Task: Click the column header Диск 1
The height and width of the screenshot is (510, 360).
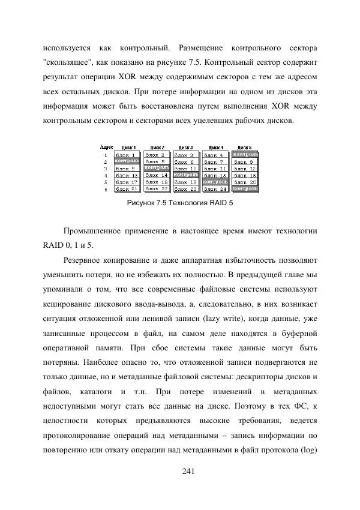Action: [x=128, y=147]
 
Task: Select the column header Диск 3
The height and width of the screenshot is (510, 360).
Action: [x=187, y=147]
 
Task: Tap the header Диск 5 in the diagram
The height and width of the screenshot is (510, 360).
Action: [x=245, y=147]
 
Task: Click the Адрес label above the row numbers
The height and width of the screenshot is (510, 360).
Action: [x=107, y=147]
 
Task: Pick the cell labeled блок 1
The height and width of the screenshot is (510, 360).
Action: [x=126, y=155]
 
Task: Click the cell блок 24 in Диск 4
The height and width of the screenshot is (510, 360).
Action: [x=216, y=188]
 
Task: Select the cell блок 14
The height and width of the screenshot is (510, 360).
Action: [x=157, y=175]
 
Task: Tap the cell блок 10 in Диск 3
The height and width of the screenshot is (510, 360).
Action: [x=186, y=169]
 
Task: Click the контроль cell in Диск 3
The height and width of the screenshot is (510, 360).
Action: [x=186, y=175]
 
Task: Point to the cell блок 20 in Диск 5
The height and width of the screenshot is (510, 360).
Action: [x=245, y=182]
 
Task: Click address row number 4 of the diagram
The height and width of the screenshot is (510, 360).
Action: [x=106, y=175]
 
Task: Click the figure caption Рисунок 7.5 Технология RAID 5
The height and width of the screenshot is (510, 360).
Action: [x=180, y=203]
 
